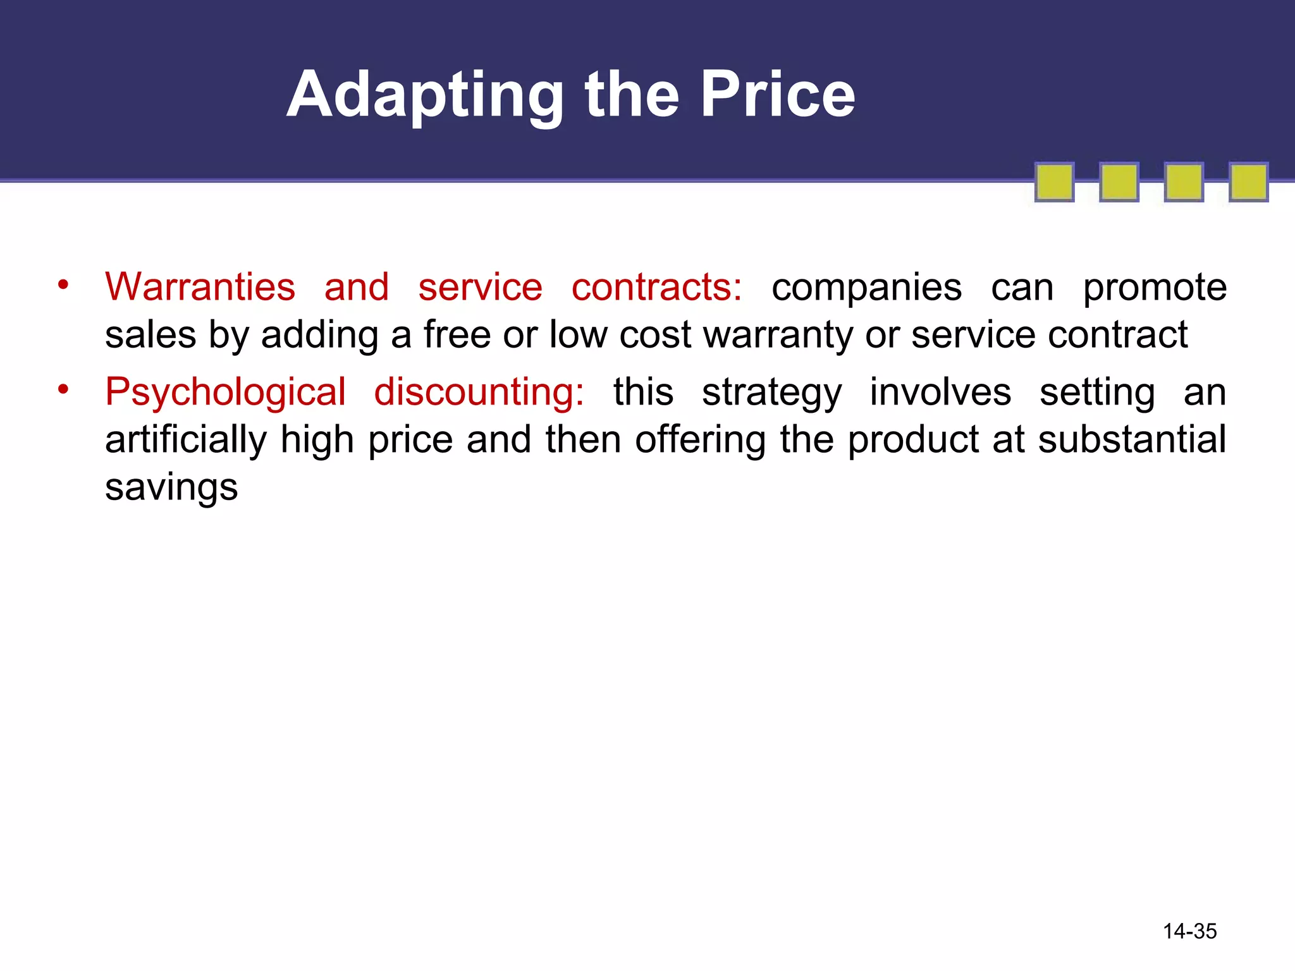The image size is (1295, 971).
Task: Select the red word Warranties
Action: click(200, 287)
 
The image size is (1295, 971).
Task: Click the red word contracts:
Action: click(656, 287)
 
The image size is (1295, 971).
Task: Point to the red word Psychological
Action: click(225, 392)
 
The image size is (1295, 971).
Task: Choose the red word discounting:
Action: click(479, 392)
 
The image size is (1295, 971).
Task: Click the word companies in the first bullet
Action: click(866, 288)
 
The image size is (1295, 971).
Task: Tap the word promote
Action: click(1155, 288)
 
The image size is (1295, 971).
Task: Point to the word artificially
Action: click(186, 440)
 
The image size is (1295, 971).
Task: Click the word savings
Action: click(171, 488)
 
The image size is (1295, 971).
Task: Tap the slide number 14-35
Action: click(1189, 931)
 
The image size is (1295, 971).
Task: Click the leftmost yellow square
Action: click(1054, 182)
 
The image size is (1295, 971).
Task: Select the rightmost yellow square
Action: click(1248, 182)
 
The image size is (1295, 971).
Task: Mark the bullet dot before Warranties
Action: click(63, 284)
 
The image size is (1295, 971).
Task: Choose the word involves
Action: click(940, 392)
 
